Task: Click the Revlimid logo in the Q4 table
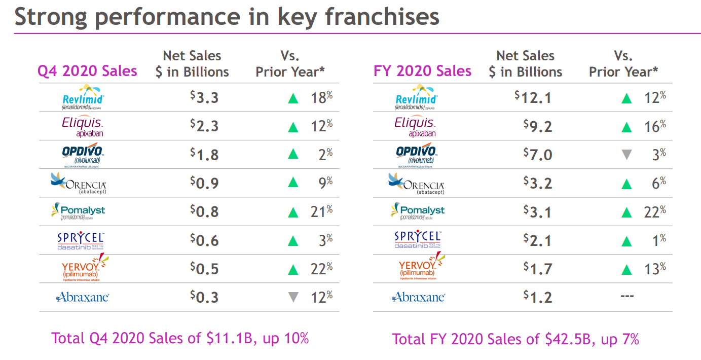click(x=82, y=97)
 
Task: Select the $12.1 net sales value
click(x=533, y=97)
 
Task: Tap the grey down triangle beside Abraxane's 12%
click(x=293, y=297)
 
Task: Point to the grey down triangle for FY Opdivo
click(x=626, y=154)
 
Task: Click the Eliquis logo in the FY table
click(x=415, y=126)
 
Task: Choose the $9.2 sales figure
click(x=538, y=126)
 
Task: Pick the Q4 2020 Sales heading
click(x=87, y=71)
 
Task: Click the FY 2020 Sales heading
click(x=422, y=71)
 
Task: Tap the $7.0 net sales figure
click(x=538, y=154)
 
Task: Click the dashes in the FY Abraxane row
click(x=627, y=296)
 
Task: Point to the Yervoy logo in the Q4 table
click(x=82, y=268)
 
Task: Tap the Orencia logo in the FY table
click(x=416, y=183)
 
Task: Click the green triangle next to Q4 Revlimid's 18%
click(x=293, y=98)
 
